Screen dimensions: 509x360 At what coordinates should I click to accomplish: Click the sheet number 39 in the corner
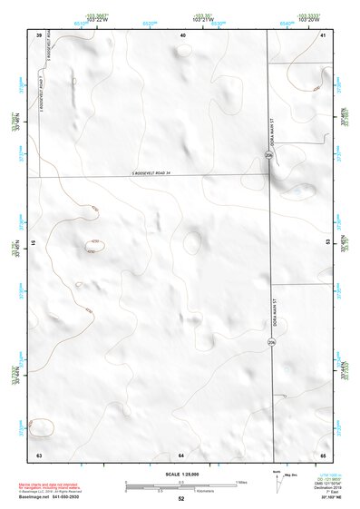pos(39,34)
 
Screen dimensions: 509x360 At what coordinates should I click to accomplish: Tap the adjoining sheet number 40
pos(182,34)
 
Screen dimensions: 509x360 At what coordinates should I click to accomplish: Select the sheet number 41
pos(323,34)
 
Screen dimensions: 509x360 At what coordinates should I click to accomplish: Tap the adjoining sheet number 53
pos(324,245)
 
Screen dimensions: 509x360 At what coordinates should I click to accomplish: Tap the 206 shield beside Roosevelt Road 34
pos(268,157)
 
